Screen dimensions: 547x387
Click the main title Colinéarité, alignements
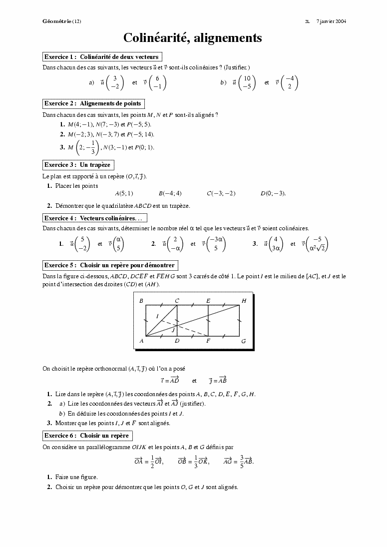(x=193, y=38)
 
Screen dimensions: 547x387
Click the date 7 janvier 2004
(x=332, y=21)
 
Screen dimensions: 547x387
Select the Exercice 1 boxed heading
(x=101, y=57)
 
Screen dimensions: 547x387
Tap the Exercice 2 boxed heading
(x=93, y=103)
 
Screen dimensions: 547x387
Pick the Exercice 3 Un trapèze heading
(x=77, y=165)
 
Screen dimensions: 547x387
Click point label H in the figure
(x=244, y=301)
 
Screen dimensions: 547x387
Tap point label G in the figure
(x=243, y=341)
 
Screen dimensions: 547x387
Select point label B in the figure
(x=141, y=301)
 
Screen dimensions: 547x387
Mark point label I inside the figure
(x=157, y=316)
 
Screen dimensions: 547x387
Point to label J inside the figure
(x=173, y=330)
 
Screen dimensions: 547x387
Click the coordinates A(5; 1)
(x=124, y=193)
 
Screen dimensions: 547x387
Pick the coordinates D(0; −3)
(x=273, y=193)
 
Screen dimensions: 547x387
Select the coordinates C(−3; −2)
(x=221, y=193)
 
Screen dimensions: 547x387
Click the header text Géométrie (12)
(x=61, y=21)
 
